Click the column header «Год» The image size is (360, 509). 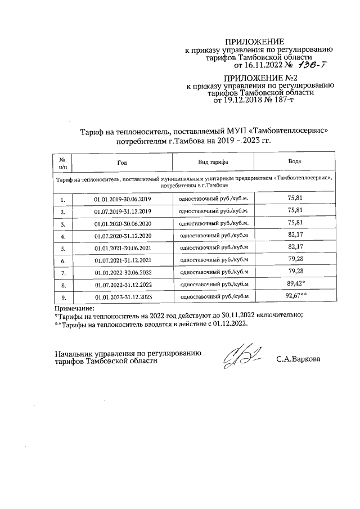[x=122, y=161]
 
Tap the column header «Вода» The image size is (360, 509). [x=294, y=161]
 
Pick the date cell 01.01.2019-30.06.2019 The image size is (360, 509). [x=123, y=199]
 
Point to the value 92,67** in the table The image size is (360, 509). [x=296, y=296]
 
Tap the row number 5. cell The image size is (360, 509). [x=63, y=248]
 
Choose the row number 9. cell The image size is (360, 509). [x=63, y=297]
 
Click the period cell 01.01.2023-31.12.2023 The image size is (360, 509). [x=123, y=297]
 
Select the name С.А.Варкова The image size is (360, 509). [x=297, y=358]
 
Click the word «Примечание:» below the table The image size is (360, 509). [x=74, y=308]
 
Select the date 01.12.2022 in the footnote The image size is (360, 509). [x=227, y=325]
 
